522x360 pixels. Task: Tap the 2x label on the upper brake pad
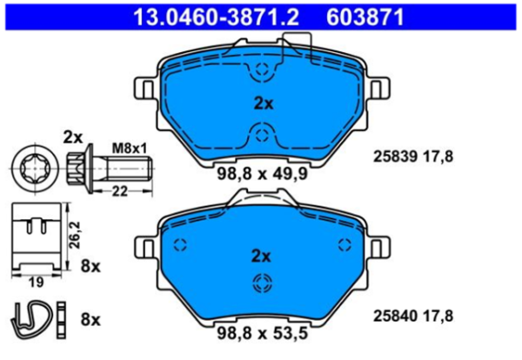click(262, 103)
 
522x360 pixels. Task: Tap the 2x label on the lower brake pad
click(262, 256)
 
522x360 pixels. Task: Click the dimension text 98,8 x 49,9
click(261, 174)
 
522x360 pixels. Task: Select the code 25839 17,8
click(412, 157)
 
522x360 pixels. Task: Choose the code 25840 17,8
click(412, 317)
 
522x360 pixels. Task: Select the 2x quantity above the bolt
click(72, 137)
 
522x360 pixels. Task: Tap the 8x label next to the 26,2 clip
click(90, 264)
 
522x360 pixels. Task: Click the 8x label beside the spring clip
click(90, 319)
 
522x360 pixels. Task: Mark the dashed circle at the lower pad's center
click(262, 282)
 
